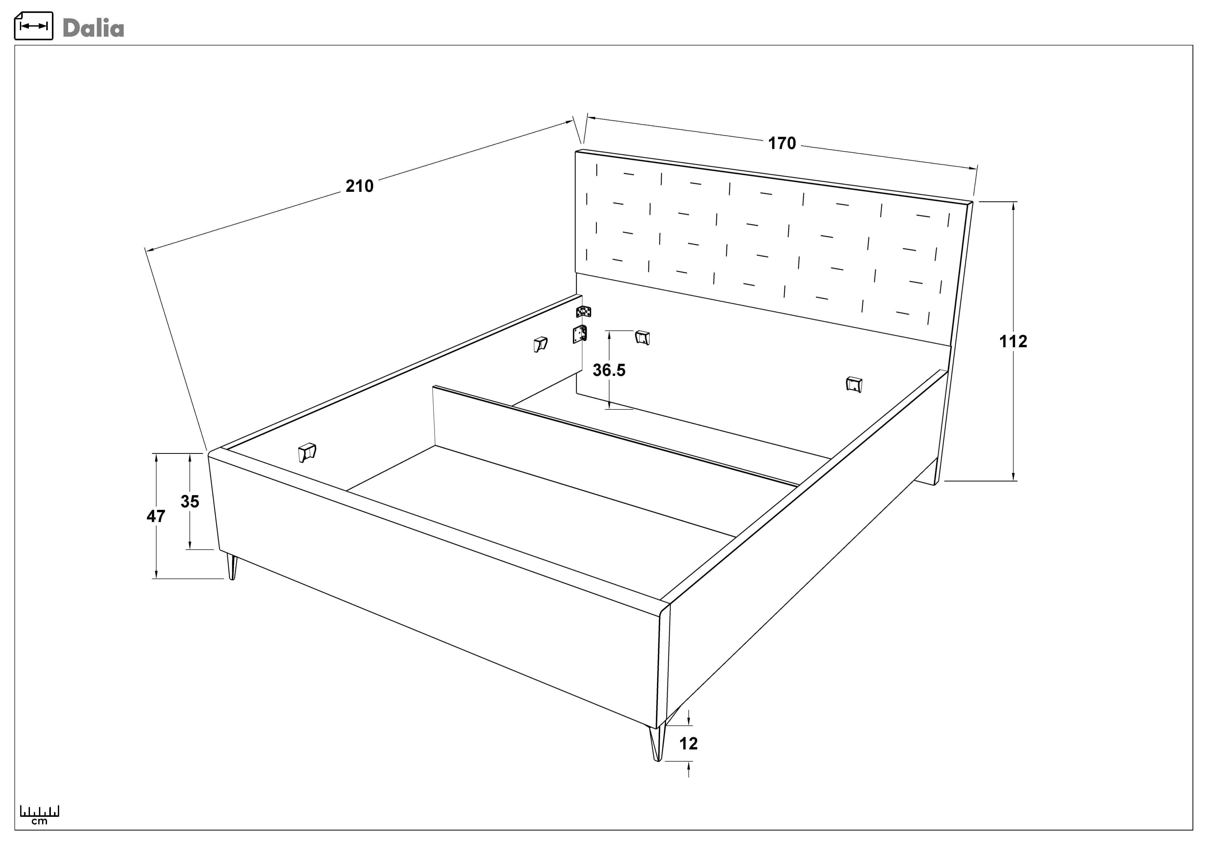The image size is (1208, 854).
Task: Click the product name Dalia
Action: tap(93, 28)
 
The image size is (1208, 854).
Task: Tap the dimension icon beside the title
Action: tap(34, 26)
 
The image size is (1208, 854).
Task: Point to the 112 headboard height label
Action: tap(1013, 342)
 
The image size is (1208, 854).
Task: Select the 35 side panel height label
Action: tap(190, 502)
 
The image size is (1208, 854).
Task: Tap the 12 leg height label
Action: tap(688, 744)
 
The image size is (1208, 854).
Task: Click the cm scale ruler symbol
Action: tap(40, 814)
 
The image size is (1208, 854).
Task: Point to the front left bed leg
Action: tap(231, 566)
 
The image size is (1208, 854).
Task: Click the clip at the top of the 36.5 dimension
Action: tap(642, 337)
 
